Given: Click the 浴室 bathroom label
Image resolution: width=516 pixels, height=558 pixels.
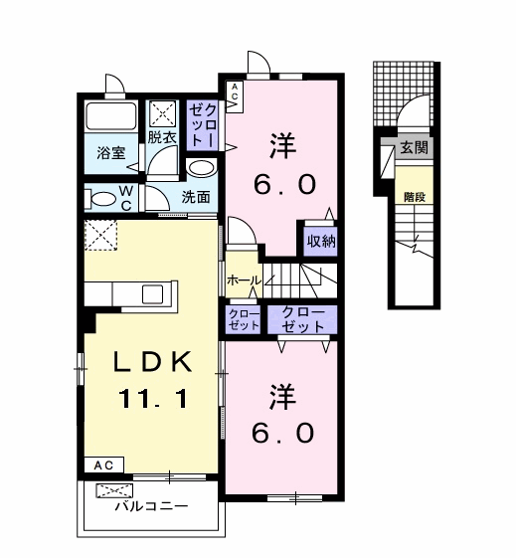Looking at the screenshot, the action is (111, 153).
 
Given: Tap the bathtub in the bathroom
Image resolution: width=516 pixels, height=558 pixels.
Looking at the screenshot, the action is (111, 116).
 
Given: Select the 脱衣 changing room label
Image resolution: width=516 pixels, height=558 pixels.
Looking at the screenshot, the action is (162, 137).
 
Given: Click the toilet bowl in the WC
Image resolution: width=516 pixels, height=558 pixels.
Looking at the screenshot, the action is (100, 199).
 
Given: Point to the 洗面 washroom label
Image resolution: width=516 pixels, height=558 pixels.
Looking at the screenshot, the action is (196, 197).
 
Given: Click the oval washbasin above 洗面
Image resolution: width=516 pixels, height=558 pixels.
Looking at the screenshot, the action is (201, 168).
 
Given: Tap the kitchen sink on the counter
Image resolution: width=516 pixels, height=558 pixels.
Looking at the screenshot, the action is (153, 294).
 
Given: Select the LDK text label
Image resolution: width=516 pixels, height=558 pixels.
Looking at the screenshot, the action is (153, 362).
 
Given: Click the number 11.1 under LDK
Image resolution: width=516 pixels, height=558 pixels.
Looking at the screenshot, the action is (153, 398).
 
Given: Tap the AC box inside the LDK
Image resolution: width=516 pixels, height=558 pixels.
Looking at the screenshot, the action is (103, 465).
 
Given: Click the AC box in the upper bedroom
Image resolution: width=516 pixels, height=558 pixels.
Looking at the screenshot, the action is (235, 96).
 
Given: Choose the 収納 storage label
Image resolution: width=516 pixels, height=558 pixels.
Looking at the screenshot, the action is (321, 242).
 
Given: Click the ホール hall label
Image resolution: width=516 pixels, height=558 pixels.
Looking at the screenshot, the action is (244, 280).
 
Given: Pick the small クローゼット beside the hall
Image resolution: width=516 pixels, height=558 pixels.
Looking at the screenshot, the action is (244, 320).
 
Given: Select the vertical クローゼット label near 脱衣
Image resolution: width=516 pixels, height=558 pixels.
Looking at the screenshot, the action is (203, 124).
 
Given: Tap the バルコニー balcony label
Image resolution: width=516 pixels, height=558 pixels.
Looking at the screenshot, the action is (151, 505).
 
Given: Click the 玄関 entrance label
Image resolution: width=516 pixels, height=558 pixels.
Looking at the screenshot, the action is (414, 147).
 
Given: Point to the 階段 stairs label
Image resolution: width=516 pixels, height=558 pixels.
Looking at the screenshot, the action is (415, 197).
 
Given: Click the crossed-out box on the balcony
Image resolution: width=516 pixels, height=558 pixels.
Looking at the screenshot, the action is (114, 490).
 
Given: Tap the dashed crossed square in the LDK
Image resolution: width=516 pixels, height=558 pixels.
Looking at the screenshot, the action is (100, 235).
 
